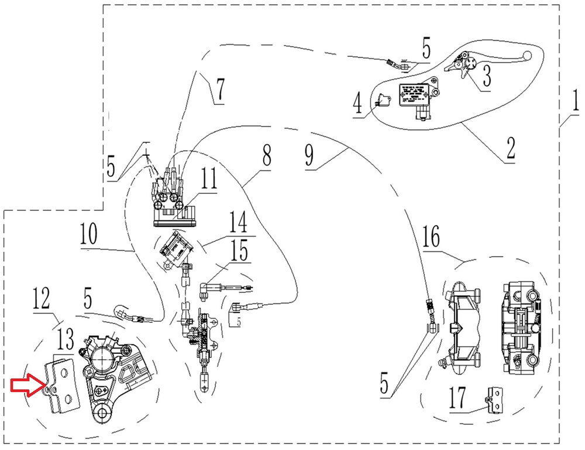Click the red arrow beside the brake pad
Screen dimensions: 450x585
click(x=25, y=386)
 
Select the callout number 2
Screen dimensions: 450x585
click(x=511, y=148)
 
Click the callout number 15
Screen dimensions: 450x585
click(x=238, y=251)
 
